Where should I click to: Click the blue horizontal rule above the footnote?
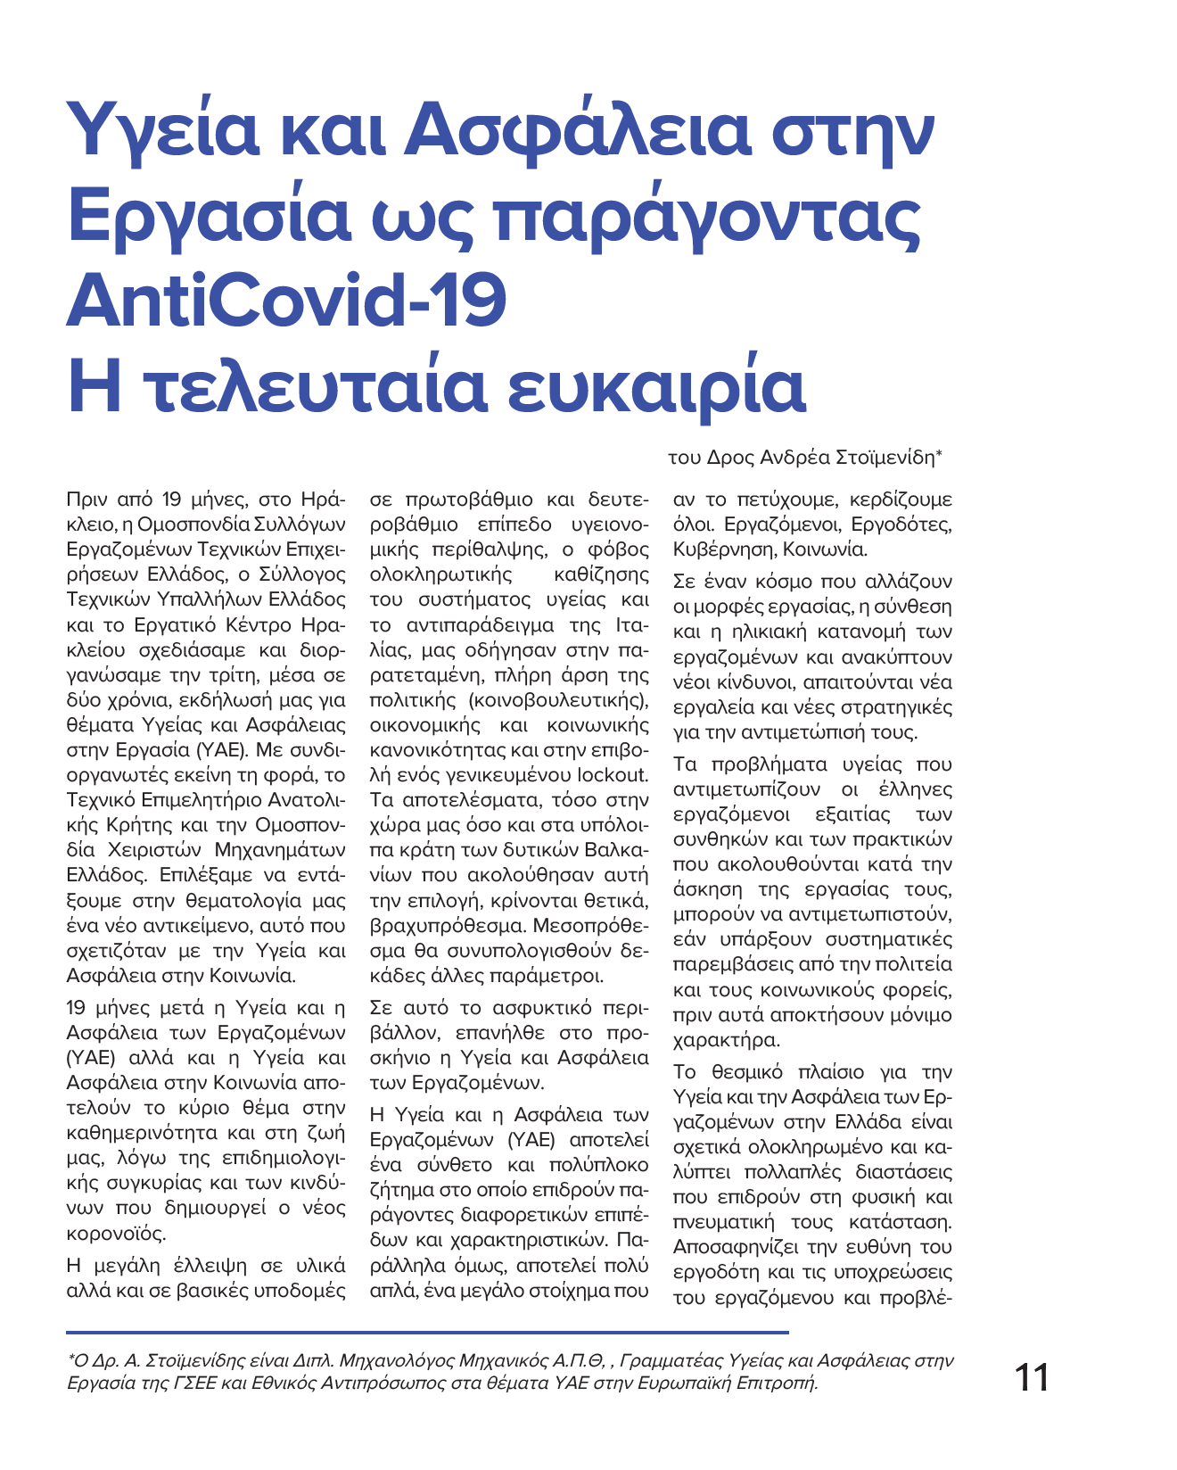pyautogui.click(x=428, y=1332)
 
